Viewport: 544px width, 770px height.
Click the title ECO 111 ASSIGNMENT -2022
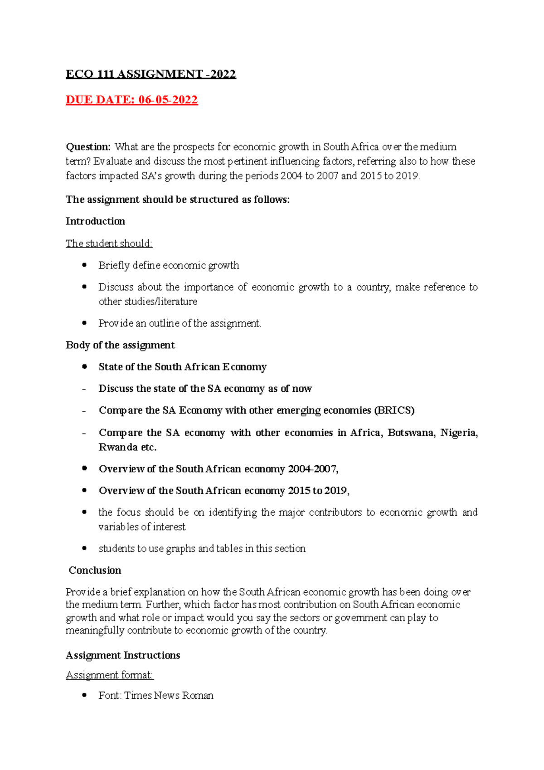click(151, 74)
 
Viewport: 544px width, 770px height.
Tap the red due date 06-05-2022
click(131, 100)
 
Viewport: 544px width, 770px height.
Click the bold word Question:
click(88, 147)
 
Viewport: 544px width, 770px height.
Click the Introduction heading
click(95, 221)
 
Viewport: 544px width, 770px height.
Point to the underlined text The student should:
click(109, 244)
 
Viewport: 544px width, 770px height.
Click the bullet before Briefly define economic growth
click(84, 265)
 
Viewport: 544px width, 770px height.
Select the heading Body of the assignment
click(120, 345)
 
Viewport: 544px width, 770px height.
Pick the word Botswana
click(411, 433)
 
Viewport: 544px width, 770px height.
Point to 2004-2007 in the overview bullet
click(313, 469)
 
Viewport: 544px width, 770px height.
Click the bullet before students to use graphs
click(84, 548)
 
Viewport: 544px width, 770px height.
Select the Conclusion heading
click(95, 570)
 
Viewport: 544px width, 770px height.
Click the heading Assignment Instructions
click(123, 655)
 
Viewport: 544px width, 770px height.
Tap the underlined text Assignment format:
click(110, 675)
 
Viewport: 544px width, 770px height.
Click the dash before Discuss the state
click(84, 389)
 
